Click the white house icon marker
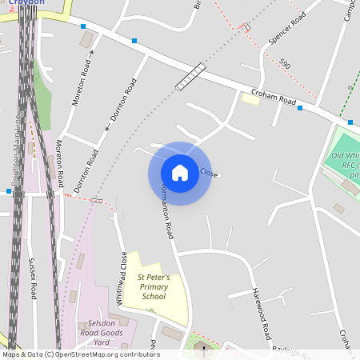[x=180, y=173]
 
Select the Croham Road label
[x=274, y=98]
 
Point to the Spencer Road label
[x=288, y=29]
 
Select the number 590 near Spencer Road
[x=286, y=63]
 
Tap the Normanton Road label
[x=165, y=213]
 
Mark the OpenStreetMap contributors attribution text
[x=81, y=354]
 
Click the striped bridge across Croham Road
[x=190, y=77]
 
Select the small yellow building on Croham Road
[x=250, y=98]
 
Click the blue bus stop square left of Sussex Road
[x=9, y=191]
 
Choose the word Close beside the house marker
[x=208, y=173]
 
